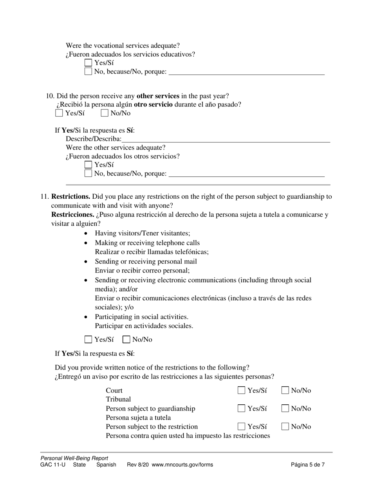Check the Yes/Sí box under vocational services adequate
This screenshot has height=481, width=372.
[88, 63]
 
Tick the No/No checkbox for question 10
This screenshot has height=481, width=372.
[105, 113]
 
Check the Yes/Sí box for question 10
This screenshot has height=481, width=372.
[59, 113]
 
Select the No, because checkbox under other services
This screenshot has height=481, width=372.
[88, 173]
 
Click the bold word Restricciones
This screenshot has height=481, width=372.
[73, 215]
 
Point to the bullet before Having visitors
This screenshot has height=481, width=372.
[86, 233]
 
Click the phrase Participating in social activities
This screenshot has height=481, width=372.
[141, 317]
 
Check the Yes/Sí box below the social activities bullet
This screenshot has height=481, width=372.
[88, 339]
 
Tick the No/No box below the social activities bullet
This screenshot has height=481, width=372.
[126, 339]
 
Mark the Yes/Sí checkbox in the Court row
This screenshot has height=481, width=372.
[242, 390]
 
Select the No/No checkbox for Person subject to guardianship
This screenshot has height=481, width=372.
[285, 408]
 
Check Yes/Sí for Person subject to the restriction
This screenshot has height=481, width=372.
[242, 426]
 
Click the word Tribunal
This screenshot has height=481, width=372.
[118, 399]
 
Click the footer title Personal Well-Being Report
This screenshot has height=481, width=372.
[74, 458]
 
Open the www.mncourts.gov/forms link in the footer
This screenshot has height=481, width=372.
[182, 465]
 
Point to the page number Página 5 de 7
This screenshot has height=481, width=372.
[308, 465]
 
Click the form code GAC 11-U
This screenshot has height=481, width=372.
[53, 465]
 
